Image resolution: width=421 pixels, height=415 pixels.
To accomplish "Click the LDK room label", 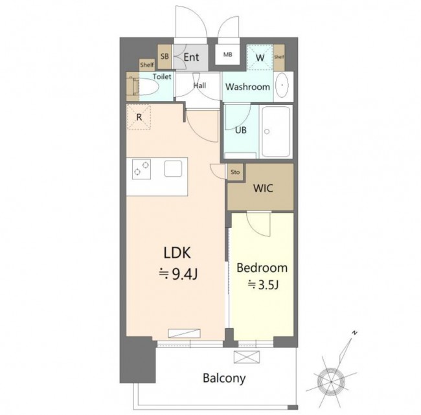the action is click(x=177, y=253).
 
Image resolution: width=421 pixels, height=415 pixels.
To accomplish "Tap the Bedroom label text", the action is click(x=262, y=268).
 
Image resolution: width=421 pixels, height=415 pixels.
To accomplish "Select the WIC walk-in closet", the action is click(x=260, y=187).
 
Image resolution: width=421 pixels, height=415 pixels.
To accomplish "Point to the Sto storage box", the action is click(x=235, y=172).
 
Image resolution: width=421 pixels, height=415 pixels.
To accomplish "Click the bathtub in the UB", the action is click(x=277, y=131).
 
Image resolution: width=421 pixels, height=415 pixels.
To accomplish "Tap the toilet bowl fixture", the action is click(x=148, y=86).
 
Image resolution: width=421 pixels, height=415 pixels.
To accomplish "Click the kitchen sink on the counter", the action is click(x=173, y=168).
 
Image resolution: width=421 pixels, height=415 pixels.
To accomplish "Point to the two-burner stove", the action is click(x=141, y=169).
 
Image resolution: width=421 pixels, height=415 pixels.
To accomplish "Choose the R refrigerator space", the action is click(x=139, y=117).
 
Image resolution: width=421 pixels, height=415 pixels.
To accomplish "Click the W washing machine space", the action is click(x=260, y=58).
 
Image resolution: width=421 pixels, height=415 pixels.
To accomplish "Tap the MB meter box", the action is click(x=228, y=54).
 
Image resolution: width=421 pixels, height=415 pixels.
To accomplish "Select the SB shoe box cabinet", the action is click(x=165, y=56).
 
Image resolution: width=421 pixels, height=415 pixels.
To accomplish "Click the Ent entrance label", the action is click(x=192, y=57).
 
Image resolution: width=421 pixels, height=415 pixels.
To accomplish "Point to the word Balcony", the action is click(x=224, y=378).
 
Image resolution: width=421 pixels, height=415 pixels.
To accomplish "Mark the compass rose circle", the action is click(x=331, y=381).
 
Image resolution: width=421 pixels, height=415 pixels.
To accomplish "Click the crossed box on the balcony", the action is click(x=247, y=357).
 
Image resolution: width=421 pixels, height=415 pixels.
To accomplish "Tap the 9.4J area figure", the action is click(x=178, y=274).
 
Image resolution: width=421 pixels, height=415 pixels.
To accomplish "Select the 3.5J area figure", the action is click(x=263, y=285).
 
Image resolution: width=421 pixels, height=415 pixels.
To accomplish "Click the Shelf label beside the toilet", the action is click(x=147, y=65).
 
